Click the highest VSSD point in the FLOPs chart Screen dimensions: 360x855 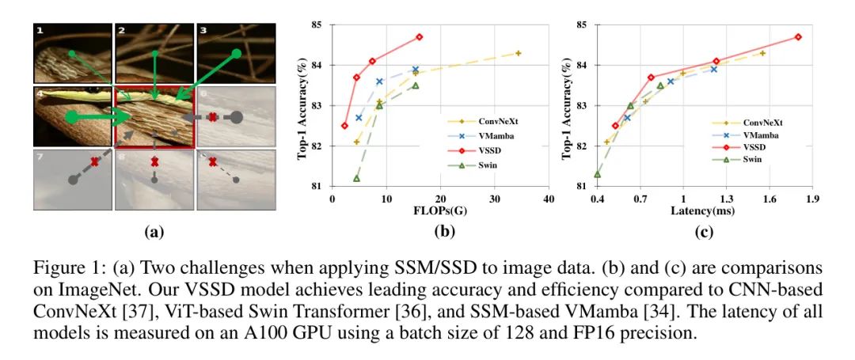click(419, 37)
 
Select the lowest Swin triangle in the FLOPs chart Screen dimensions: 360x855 click(356, 178)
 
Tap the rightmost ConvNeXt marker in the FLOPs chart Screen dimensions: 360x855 click(518, 53)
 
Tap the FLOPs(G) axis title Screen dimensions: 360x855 click(439, 211)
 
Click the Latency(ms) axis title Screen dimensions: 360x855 click(704, 211)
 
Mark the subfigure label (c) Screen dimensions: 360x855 click(704, 233)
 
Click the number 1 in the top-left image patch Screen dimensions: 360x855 click(40, 31)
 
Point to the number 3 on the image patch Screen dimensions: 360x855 click(203, 31)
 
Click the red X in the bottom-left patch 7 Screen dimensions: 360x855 click(95, 162)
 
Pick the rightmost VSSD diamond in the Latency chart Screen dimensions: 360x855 click(798, 37)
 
